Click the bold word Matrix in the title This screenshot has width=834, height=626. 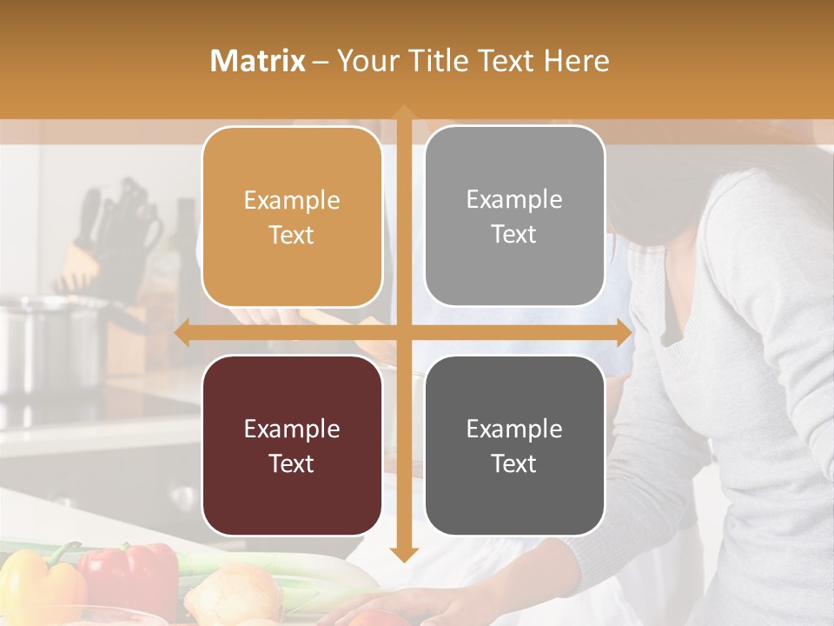(x=258, y=61)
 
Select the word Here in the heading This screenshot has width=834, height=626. (x=576, y=61)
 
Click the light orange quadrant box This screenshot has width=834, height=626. (x=292, y=217)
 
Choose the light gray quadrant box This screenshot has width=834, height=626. (x=514, y=216)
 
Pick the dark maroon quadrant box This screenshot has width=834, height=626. (x=292, y=445)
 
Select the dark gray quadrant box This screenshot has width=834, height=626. (x=514, y=445)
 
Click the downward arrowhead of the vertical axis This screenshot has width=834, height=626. (x=403, y=554)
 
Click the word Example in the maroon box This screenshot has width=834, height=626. (x=292, y=429)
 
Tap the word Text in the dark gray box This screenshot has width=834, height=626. (x=514, y=463)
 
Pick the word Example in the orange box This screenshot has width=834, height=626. (x=292, y=200)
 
